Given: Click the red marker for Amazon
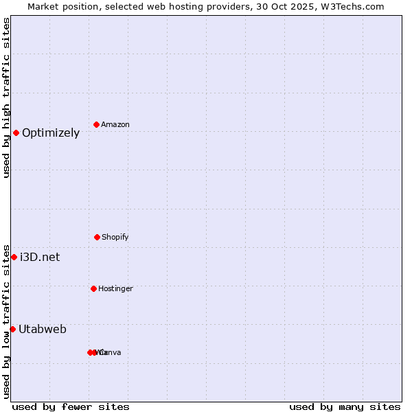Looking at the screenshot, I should click(96, 124).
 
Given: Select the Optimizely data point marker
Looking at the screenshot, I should click(16, 133).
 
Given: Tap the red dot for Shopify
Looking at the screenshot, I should click(97, 237).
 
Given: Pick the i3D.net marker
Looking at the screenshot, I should click(14, 257).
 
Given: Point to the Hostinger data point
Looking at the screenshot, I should click(93, 288).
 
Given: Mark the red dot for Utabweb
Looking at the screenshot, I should click(12, 329).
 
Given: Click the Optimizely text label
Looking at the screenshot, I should click(51, 133).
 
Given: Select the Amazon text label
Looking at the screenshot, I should click(115, 125).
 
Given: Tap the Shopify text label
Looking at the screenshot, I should click(115, 238).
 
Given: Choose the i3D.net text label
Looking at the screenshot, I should click(40, 257).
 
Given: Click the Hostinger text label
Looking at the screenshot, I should click(115, 289).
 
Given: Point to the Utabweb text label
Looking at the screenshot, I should click(43, 330).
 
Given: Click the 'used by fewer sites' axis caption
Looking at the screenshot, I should click(71, 407).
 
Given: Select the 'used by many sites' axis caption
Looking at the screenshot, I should click(345, 407).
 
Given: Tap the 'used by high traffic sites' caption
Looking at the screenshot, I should click(6, 98).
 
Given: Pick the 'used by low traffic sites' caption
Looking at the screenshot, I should click(6, 321).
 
